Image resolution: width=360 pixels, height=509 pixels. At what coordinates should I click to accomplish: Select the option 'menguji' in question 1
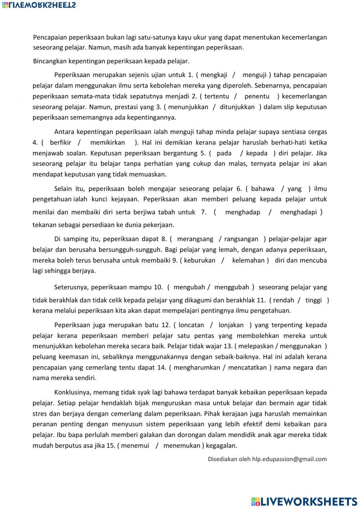pos(254,75)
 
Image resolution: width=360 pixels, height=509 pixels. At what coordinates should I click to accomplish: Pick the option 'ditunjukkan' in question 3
pos(237,107)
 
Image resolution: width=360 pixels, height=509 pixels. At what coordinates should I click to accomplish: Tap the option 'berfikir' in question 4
pos(61,142)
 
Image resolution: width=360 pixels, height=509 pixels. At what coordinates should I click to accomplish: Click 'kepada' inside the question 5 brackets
pos(256,153)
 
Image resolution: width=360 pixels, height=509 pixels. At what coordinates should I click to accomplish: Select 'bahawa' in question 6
pos(262,188)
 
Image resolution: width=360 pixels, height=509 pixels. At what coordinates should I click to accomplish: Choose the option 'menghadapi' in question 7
pos(298,212)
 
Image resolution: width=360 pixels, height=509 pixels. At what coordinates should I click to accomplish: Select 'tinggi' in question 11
pos(313,300)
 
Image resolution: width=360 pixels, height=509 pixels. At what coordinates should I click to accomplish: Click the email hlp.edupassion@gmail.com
pos(289,459)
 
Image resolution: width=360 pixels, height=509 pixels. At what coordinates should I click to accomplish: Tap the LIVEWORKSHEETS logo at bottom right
pos(304,501)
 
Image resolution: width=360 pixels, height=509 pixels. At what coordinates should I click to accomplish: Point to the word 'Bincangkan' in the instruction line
pos(50,61)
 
